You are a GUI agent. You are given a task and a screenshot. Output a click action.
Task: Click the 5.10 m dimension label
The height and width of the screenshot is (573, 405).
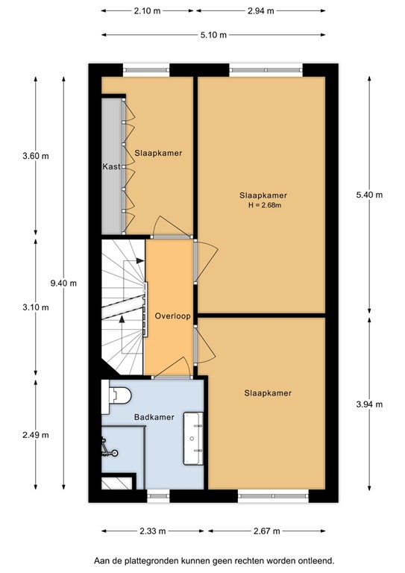click(x=213, y=35)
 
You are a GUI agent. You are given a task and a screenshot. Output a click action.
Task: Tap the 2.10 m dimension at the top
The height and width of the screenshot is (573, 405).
click(x=148, y=12)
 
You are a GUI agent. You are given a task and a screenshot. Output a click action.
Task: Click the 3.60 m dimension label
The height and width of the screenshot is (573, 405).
click(x=36, y=156)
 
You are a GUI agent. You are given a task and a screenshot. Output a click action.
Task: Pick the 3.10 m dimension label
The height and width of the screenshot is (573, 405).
click(x=36, y=307)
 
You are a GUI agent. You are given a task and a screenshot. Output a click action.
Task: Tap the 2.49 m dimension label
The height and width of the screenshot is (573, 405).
click(x=36, y=435)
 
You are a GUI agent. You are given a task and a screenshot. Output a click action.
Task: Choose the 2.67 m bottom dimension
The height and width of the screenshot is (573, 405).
click(x=266, y=531)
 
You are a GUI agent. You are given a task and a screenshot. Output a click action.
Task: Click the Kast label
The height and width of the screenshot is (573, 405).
click(x=112, y=166)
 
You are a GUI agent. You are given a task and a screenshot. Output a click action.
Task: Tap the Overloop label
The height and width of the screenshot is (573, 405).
click(x=172, y=316)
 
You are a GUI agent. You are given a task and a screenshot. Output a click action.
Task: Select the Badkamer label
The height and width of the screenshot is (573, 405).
click(x=154, y=418)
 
